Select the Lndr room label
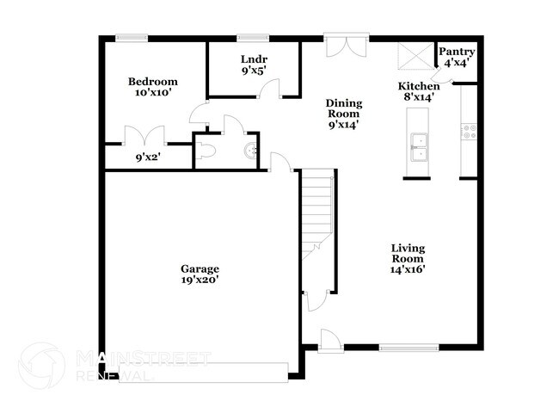[253, 59]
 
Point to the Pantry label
[457, 52]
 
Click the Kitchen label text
[419, 86]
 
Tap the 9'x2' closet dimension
[148, 157]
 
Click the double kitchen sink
[419, 147]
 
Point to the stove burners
[470, 131]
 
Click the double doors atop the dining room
[346, 46]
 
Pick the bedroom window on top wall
[132, 37]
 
